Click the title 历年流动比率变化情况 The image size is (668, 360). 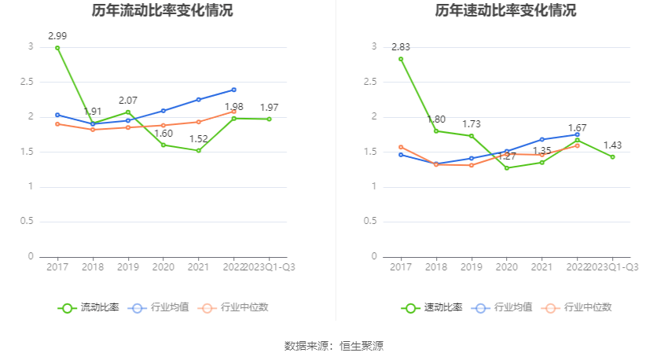(162, 11)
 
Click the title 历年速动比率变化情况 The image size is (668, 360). (505, 11)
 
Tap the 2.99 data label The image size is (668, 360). (57, 36)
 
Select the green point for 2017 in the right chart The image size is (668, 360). (401, 59)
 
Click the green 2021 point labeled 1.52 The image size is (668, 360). (199, 150)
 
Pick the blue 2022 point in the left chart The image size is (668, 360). (234, 90)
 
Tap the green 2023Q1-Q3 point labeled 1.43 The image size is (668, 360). (612, 156)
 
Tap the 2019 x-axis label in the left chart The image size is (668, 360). (128, 267)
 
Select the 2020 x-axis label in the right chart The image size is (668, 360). (506, 267)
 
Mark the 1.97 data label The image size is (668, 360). (270, 108)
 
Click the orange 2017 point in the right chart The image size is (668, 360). (401, 147)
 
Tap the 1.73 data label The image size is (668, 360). (471, 124)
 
